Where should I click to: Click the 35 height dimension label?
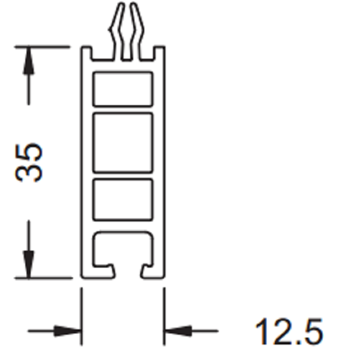point(29,162)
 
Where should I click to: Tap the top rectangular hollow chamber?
point(123,89)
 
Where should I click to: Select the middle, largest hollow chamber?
point(123,142)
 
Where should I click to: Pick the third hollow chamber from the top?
point(123,199)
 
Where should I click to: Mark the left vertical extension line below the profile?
point(81,316)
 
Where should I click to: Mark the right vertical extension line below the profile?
point(164,316)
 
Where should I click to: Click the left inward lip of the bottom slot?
point(106,269)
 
